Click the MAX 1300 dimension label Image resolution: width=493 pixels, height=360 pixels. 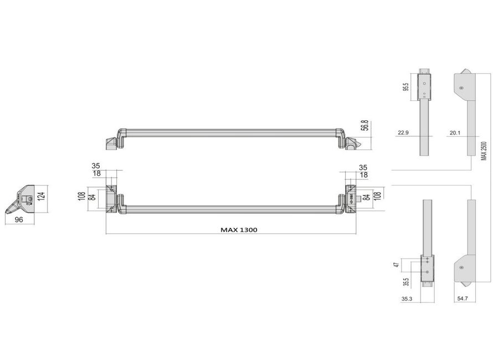[x=239, y=230]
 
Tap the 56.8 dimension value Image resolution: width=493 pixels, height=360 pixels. [x=366, y=126]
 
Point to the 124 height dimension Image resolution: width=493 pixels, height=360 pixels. [x=41, y=196]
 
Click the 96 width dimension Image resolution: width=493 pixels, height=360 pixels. [x=19, y=219]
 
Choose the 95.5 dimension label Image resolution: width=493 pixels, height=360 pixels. [x=405, y=87]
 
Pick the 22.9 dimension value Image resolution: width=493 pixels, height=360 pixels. [x=403, y=133]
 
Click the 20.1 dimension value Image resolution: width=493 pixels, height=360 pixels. [x=455, y=133]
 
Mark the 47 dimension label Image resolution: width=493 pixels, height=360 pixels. [x=397, y=265]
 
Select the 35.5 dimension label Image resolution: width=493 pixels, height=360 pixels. [x=406, y=282]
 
